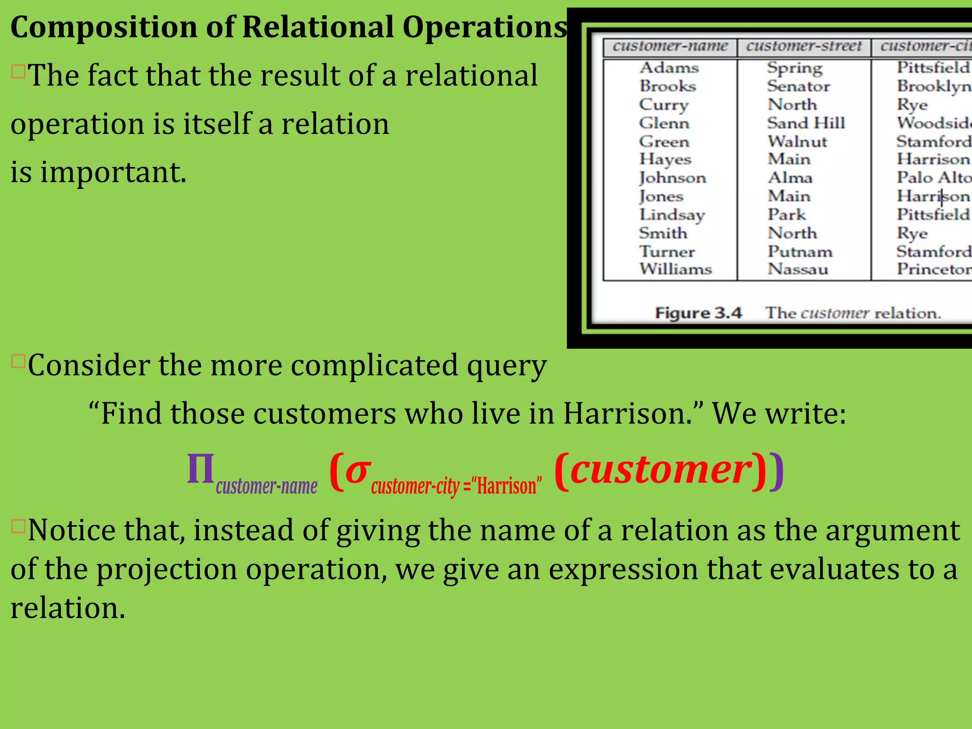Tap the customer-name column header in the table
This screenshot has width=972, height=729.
coord(670,47)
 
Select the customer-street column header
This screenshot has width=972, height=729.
coord(804,47)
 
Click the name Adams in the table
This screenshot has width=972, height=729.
coord(669,68)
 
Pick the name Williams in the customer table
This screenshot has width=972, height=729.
coord(675,269)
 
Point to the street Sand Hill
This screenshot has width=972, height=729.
coord(806,123)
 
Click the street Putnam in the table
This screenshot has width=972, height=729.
coord(800,252)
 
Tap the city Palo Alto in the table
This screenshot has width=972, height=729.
coord(933,178)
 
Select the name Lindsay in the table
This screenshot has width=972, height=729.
coord(672,215)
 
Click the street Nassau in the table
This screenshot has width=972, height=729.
coord(798,269)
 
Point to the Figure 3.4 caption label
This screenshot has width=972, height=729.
coord(698,313)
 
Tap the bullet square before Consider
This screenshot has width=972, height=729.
coord(18,362)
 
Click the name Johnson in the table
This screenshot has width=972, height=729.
coord(673,178)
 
